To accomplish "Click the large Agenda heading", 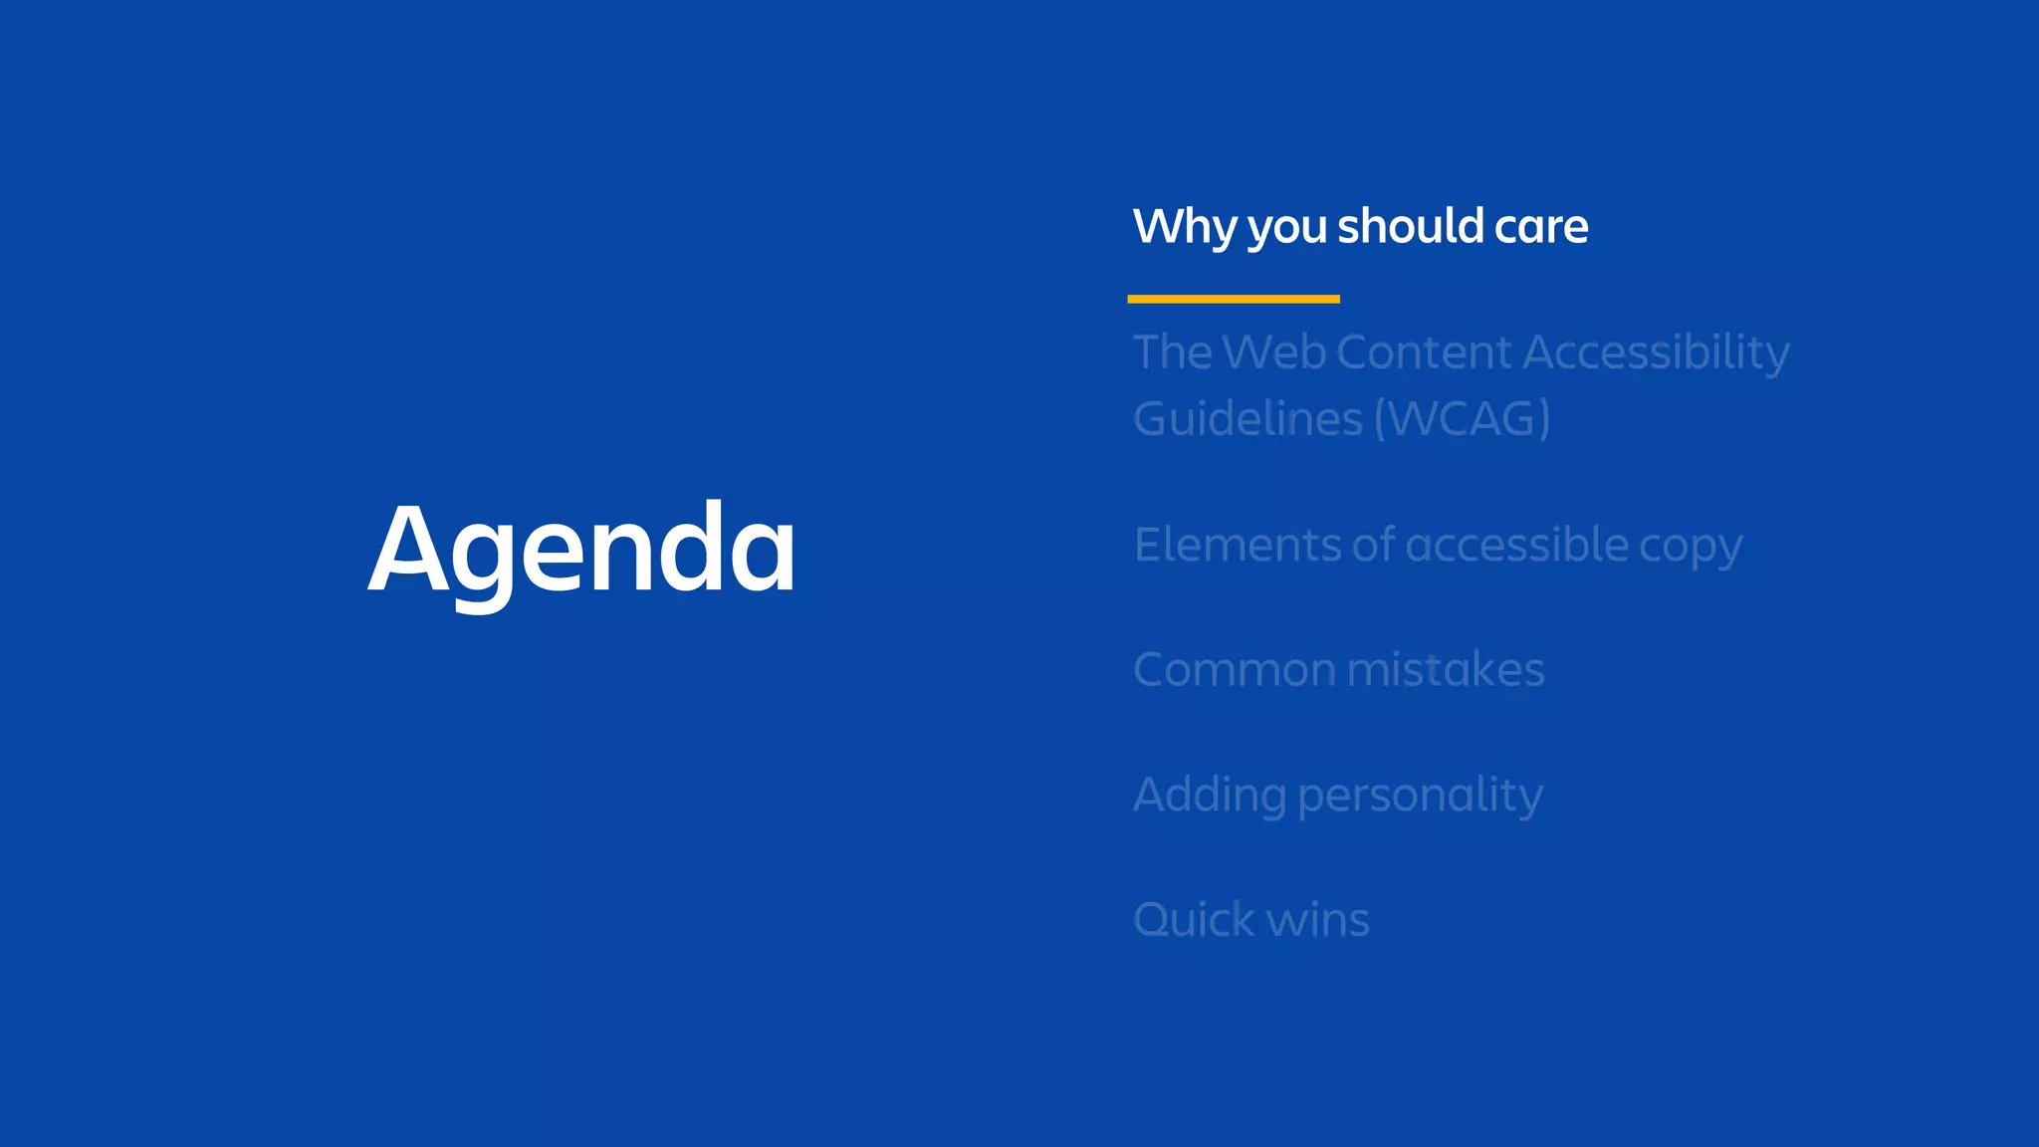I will (582, 550).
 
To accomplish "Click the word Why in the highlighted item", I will (1185, 227).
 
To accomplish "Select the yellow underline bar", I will (1233, 299).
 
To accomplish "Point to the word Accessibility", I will (1656, 352).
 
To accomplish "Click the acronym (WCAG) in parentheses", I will (1462, 418).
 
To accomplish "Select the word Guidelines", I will (1247, 418).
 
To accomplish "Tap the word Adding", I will (1209, 796).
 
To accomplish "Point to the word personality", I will (1421, 796).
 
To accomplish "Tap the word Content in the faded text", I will (1424, 352).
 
